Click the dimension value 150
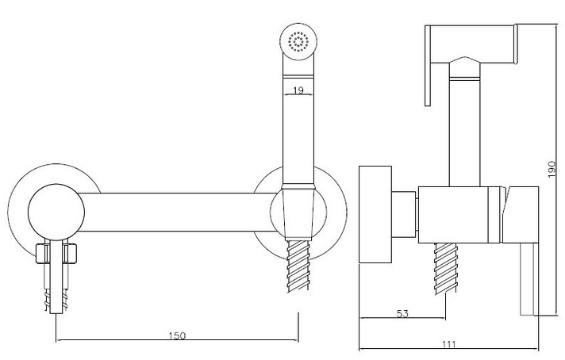click(x=177, y=335)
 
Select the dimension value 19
click(x=298, y=90)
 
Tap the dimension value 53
click(x=402, y=313)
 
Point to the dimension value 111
click(x=449, y=344)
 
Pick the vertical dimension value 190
click(x=552, y=169)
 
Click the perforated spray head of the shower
click(x=298, y=42)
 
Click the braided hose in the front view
click(x=298, y=266)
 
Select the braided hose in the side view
click(x=446, y=269)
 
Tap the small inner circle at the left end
click(x=56, y=213)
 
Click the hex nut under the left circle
click(x=57, y=254)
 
